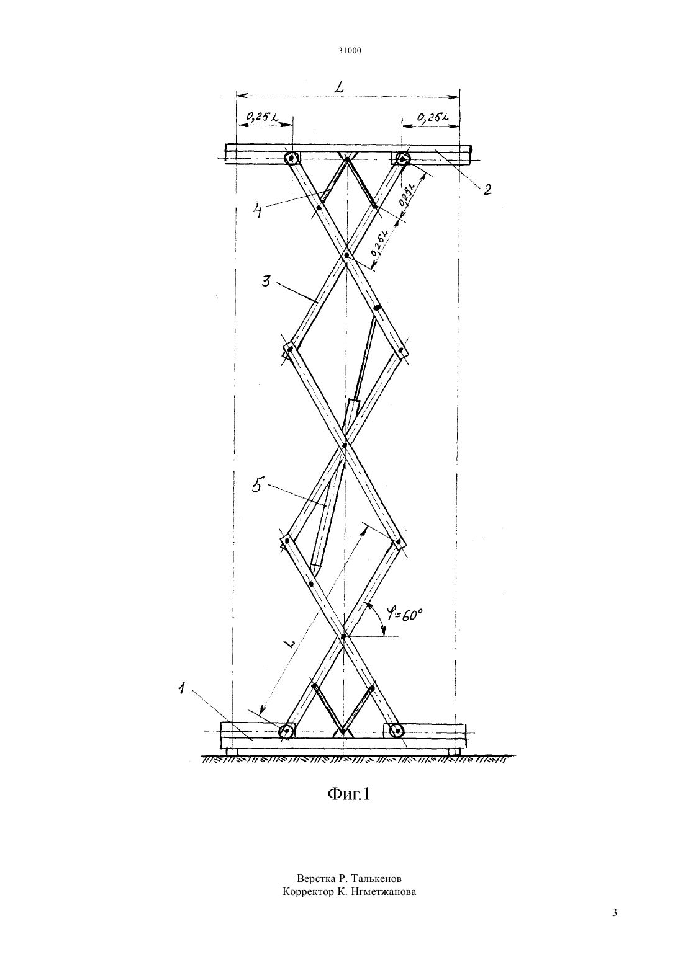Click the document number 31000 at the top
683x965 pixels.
pyautogui.click(x=349, y=51)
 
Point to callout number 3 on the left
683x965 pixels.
pyautogui.click(x=266, y=282)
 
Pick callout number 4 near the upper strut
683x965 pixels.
pyautogui.click(x=258, y=211)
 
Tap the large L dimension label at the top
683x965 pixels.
pyautogui.click(x=340, y=88)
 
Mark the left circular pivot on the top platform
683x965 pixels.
pyautogui.click(x=292, y=158)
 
